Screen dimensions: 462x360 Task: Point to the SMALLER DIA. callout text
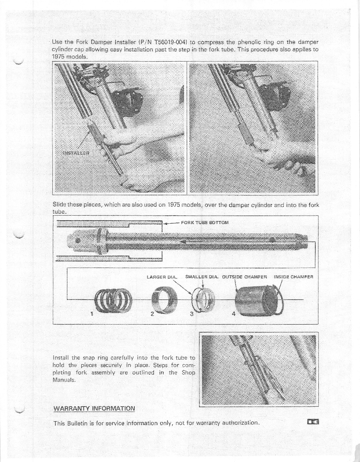(x=202, y=276)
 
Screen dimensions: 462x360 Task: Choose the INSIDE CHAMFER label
(x=293, y=276)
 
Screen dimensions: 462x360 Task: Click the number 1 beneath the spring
(x=92, y=313)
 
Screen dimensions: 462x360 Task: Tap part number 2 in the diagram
(x=152, y=313)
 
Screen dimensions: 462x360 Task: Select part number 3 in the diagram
(x=191, y=313)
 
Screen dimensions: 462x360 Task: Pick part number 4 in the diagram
(x=233, y=313)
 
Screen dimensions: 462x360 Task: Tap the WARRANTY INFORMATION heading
(x=94, y=408)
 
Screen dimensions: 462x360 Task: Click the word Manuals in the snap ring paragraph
(x=65, y=380)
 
